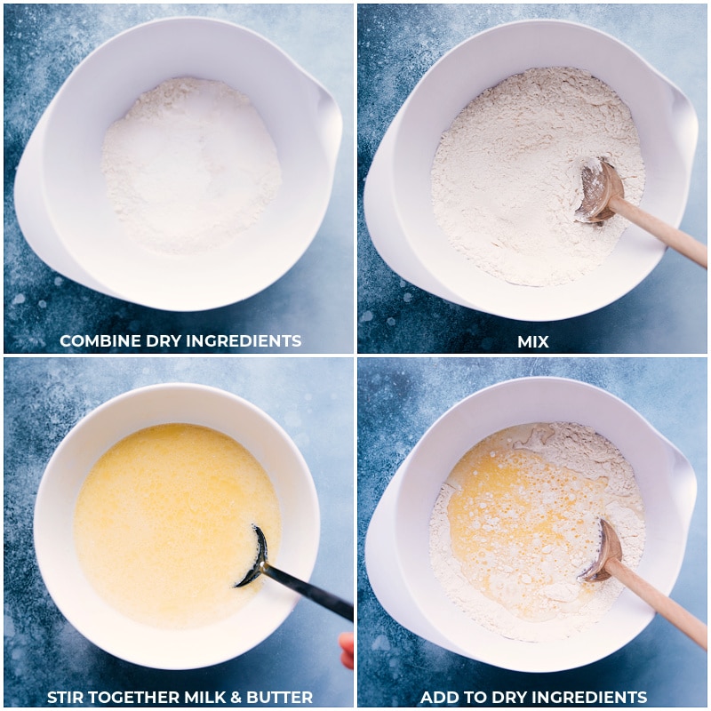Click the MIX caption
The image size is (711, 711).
533,341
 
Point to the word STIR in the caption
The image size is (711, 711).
68,697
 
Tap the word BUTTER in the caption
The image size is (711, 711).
278,697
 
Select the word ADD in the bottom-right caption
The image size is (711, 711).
439,697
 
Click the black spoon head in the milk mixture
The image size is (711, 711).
255,556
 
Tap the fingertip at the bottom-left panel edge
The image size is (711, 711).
347,647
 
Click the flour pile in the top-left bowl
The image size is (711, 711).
191,164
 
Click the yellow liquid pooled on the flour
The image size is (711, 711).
507,524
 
